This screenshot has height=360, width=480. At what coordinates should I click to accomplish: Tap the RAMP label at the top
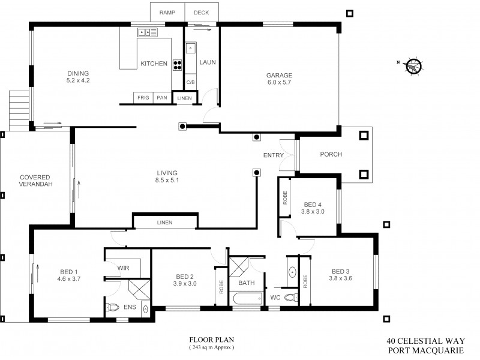click(167, 12)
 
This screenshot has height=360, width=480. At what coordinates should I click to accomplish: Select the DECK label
click(201, 12)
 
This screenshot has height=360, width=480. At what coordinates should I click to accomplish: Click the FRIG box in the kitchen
click(143, 97)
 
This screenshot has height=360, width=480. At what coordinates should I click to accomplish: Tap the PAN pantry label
click(162, 97)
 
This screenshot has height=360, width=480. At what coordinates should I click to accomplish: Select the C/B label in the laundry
click(191, 82)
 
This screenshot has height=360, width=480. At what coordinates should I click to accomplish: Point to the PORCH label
click(331, 154)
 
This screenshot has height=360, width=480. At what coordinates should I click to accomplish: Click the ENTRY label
click(274, 156)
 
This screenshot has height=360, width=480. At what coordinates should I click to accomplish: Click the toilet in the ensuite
click(113, 308)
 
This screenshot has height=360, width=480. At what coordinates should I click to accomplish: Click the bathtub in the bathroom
click(246, 298)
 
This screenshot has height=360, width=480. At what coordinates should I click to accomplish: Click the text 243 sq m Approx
click(211, 347)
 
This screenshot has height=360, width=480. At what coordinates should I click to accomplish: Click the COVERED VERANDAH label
click(35, 181)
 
